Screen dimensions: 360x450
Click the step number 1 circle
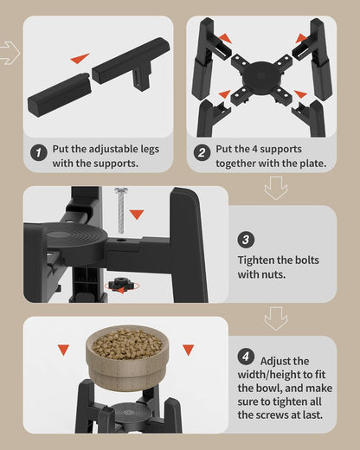(39, 151)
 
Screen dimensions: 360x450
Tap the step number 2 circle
(202, 152)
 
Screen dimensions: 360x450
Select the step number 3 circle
(246, 240)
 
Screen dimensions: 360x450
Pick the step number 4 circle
(246, 357)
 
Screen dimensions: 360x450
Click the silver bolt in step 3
(121, 210)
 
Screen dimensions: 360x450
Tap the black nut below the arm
(120, 285)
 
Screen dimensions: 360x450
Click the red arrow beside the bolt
(137, 215)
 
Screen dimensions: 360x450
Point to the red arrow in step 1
(80, 58)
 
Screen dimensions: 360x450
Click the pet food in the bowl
(127, 344)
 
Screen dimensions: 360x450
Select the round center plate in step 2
(261, 76)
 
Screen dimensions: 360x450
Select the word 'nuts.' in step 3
(273, 274)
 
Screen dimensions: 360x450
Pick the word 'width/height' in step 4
(267, 375)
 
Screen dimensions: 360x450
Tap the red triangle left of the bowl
(63, 350)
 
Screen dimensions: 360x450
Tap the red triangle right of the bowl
(188, 350)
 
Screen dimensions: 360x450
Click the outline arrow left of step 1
(10, 53)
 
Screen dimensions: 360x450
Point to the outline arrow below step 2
(276, 189)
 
